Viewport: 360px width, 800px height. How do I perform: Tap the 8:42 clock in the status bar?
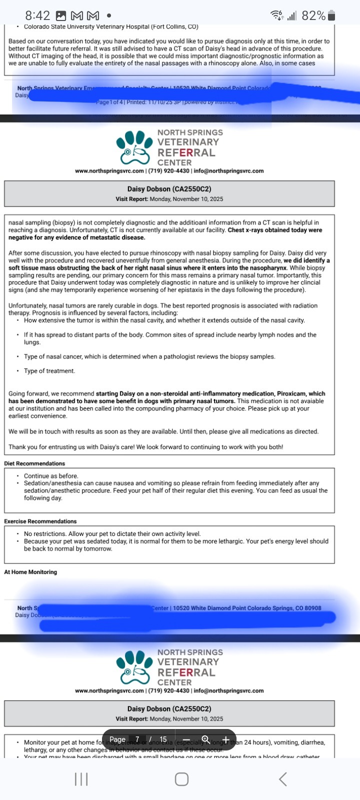(37, 15)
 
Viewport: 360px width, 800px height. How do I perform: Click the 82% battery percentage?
(313, 15)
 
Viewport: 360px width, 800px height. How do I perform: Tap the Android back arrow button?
(282, 779)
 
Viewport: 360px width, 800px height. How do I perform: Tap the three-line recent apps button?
(81, 779)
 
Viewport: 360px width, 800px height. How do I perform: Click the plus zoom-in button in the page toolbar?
(225, 739)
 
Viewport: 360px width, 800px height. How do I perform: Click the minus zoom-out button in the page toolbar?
(186, 739)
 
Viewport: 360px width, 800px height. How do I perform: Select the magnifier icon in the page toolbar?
(205, 739)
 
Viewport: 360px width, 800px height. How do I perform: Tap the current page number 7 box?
(137, 739)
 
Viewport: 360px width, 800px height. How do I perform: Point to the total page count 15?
(163, 739)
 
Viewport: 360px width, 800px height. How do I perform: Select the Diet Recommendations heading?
(34, 463)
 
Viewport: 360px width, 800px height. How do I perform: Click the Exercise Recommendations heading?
(40, 521)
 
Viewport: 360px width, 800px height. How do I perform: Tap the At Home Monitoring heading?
(30, 572)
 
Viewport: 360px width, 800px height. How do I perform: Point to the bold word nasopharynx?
(268, 268)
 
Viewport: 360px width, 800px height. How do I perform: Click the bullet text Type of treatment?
(49, 371)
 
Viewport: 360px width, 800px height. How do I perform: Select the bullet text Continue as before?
(51, 476)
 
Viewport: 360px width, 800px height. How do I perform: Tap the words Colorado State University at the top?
(61, 26)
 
